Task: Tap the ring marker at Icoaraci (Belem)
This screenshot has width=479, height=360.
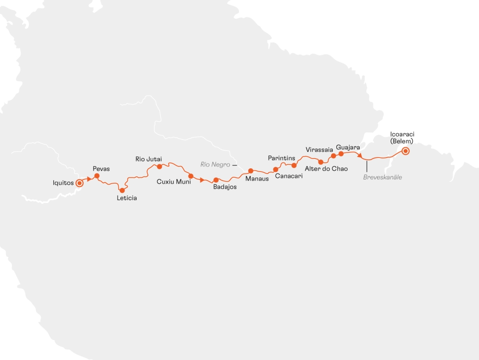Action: tap(406, 151)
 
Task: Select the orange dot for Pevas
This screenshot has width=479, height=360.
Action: tap(97, 176)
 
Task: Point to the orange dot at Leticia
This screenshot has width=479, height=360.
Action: tap(122, 190)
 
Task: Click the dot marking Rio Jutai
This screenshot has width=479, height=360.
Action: tap(160, 166)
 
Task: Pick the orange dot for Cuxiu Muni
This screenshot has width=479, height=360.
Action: tap(191, 176)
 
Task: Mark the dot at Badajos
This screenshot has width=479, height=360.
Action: tap(216, 180)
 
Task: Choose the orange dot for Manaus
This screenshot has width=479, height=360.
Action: tap(251, 171)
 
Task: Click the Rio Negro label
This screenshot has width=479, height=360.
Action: tap(215, 165)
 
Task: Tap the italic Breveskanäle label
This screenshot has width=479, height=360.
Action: tap(383, 177)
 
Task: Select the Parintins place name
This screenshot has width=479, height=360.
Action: tap(282, 158)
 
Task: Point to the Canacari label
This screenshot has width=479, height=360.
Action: tap(288, 176)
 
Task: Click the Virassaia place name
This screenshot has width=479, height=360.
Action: tap(319, 150)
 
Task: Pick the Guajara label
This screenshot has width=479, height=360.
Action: tap(348, 148)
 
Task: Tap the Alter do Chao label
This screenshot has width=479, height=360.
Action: tap(326, 168)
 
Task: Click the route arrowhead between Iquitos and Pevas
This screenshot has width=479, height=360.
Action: tap(89, 179)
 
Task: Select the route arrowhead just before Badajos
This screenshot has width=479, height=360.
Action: tap(202, 180)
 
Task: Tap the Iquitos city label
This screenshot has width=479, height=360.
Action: tap(63, 183)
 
